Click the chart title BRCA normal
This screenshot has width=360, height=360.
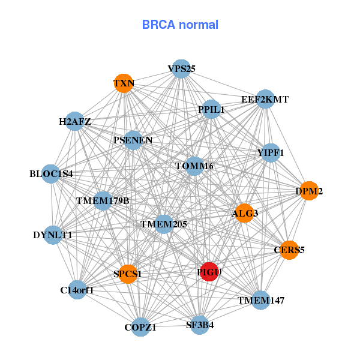click(x=180, y=25)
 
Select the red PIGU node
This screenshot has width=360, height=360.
click(x=209, y=272)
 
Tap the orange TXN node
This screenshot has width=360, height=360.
click(x=124, y=83)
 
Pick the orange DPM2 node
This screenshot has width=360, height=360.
click(x=309, y=191)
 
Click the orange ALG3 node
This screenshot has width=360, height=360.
click(x=244, y=213)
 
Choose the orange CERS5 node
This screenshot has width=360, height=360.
click(x=289, y=250)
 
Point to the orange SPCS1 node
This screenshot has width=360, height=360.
click(x=128, y=274)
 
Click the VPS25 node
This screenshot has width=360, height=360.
click(x=181, y=69)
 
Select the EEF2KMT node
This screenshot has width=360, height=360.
click(x=265, y=99)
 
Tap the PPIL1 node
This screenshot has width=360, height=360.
click(x=211, y=109)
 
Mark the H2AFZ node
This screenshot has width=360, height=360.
click(x=74, y=122)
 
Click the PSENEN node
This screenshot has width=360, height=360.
click(x=133, y=140)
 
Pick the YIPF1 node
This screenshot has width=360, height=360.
click(x=271, y=153)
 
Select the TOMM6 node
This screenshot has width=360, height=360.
click(x=194, y=166)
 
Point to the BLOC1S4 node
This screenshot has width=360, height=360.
click(x=51, y=174)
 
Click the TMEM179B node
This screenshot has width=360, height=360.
click(x=103, y=200)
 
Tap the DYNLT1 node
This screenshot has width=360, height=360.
click(x=53, y=235)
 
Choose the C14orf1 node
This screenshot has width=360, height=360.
click(x=77, y=290)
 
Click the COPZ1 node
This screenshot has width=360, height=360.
click(x=140, y=327)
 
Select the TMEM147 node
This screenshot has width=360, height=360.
click(x=260, y=300)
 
